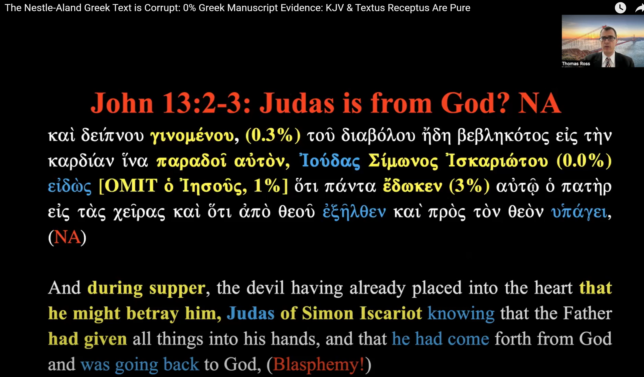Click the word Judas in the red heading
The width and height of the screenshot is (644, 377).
[x=297, y=103]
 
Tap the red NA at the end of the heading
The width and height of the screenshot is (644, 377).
[x=539, y=103]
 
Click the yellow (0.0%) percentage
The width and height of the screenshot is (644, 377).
[x=584, y=161]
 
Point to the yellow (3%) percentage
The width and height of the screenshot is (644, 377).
[x=469, y=186]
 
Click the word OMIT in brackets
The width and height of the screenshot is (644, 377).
[x=131, y=186]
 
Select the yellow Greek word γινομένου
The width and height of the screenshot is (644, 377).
[x=192, y=136]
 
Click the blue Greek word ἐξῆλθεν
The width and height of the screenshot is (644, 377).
[x=354, y=212]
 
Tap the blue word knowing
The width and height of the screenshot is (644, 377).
[x=461, y=314]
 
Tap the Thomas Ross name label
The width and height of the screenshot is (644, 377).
[x=576, y=63]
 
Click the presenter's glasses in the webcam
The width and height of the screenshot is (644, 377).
[x=608, y=39]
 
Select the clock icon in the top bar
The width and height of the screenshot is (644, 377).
[x=620, y=8]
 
